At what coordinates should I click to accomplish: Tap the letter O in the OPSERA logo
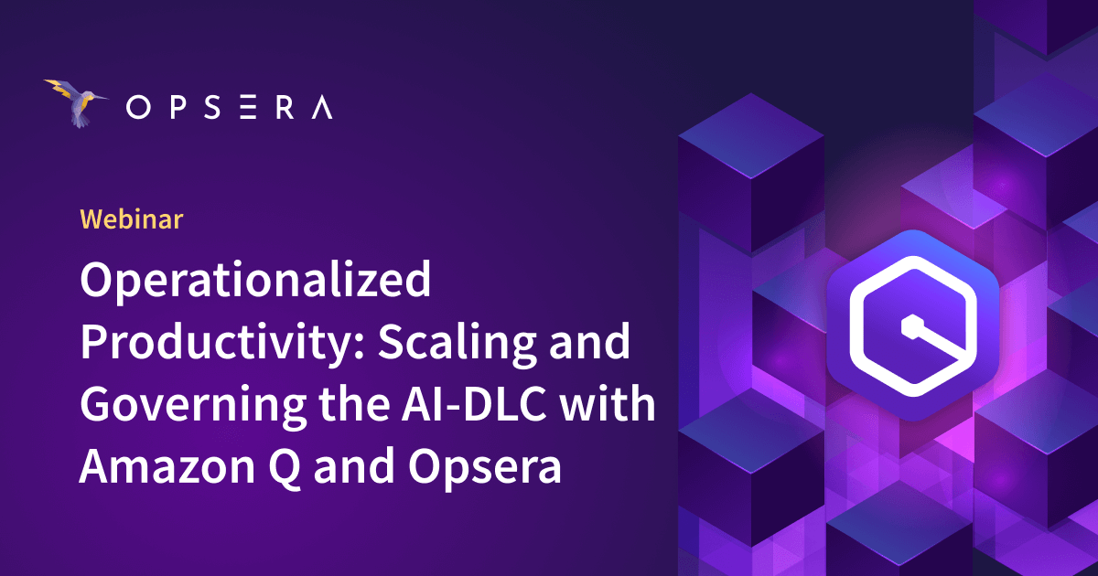[137, 109]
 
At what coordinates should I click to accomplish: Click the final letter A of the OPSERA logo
[321, 109]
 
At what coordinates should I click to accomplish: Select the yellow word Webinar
[132, 219]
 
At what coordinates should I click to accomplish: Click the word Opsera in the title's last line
[483, 465]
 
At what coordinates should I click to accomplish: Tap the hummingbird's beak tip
[109, 95]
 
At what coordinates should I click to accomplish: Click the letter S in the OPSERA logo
[210, 109]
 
